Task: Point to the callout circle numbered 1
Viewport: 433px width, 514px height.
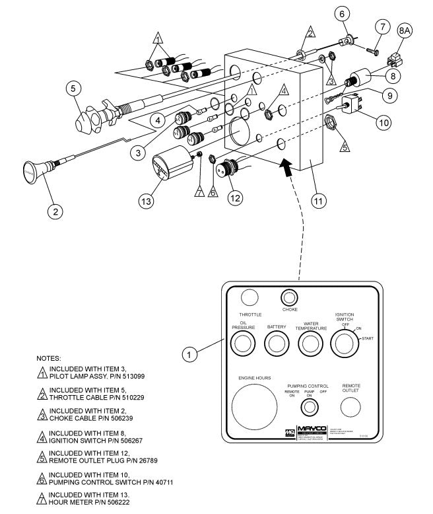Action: point(190,355)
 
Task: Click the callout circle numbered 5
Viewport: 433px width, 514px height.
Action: point(74,87)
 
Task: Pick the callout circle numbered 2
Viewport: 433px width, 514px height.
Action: point(56,211)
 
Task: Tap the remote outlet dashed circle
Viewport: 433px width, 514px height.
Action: point(350,407)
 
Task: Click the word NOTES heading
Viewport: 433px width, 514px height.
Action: point(50,357)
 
